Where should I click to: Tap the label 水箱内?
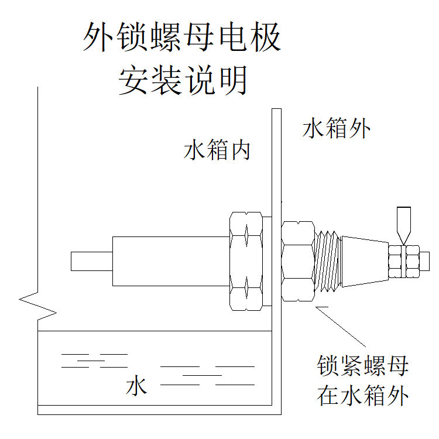coord(217,150)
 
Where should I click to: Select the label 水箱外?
coord(337,128)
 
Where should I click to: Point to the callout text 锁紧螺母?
coord(362,368)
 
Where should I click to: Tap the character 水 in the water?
coord(136,387)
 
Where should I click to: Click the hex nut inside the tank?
coord(246,260)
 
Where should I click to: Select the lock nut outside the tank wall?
coord(298,260)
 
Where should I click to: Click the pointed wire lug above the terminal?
coord(403,222)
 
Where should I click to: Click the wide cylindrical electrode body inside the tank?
coord(170,261)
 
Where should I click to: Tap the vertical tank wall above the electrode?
coord(275,158)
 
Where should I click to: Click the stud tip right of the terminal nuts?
coord(426,259)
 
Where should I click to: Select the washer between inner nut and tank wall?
coord(268,260)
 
